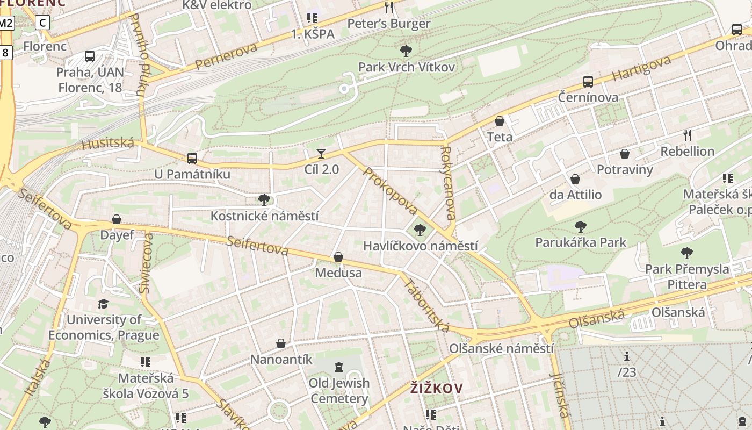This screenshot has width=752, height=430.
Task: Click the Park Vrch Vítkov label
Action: click(x=406, y=67)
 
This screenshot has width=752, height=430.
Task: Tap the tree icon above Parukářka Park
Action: click(x=580, y=226)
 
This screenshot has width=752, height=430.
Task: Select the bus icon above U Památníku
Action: click(x=192, y=159)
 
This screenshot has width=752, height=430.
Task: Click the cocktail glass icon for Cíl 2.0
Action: click(x=321, y=154)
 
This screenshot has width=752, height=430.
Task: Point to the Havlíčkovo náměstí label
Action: click(x=420, y=246)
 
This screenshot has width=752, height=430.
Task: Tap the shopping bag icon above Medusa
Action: click(x=338, y=257)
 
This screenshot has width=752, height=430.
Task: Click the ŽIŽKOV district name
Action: click(x=436, y=388)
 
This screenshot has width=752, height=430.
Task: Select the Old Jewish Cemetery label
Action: click(x=339, y=391)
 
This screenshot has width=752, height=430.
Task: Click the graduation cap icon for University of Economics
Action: click(x=103, y=304)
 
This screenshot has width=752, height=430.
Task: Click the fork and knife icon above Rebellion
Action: click(x=688, y=135)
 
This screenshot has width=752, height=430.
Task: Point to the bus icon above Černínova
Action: click(x=588, y=82)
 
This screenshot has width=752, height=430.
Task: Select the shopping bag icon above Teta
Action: click(x=500, y=121)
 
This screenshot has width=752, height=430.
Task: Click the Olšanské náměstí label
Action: click(x=501, y=348)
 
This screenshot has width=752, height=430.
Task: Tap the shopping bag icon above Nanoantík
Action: click(x=281, y=343)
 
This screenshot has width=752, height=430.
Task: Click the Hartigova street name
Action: click(x=641, y=69)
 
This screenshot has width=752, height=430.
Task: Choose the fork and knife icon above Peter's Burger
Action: click(x=389, y=8)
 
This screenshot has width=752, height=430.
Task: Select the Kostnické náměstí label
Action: click(x=264, y=216)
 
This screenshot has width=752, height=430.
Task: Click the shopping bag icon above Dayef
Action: click(x=117, y=219)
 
